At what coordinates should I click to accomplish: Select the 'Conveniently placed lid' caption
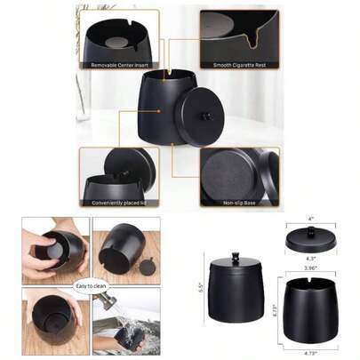click(119, 202)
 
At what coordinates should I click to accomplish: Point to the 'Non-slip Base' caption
click(239, 202)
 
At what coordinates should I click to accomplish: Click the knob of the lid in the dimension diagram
click(311, 233)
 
